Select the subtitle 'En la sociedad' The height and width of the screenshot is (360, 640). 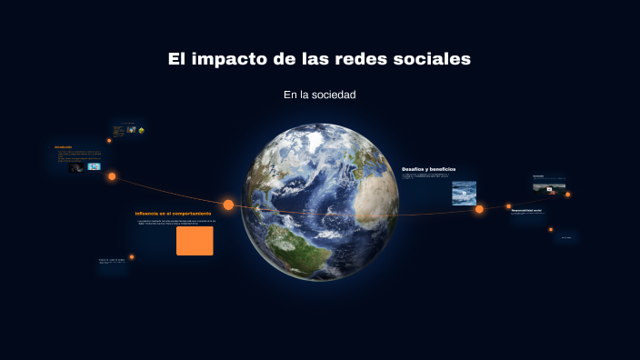coord(319,95)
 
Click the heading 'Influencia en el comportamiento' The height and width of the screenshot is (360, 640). coord(173,214)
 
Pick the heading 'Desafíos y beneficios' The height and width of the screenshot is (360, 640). coord(428,169)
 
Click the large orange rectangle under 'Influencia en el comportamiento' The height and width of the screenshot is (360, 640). coord(195,241)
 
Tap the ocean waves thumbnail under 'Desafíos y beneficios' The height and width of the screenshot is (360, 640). coord(464,193)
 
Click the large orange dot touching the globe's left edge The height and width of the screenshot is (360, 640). coord(228,205)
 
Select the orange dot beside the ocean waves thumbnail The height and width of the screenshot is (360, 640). coord(479,209)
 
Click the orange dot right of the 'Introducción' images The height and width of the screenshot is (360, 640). coord(112,176)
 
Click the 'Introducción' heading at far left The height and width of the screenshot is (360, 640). coord(63,146)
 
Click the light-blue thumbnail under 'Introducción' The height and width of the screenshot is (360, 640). coord(94,167)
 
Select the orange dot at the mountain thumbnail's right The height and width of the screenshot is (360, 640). coord(568,194)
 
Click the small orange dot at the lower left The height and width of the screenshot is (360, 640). coord(132,257)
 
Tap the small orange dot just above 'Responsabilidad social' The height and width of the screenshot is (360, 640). coord(508,206)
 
